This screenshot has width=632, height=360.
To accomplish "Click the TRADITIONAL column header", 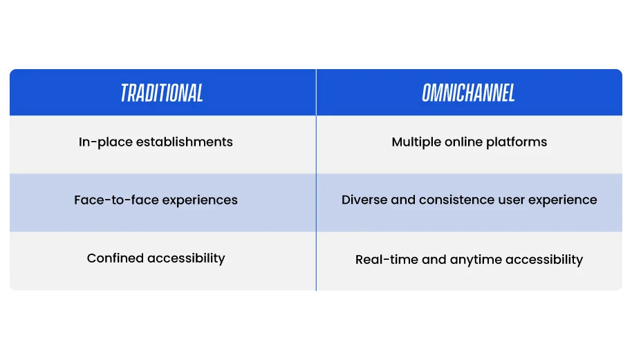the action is pyautogui.click(x=162, y=93).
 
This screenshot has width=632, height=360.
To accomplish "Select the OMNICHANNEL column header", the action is pyautogui.click(x=468, y=93).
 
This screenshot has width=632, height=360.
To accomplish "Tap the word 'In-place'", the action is pyautogui.click(x=106, y=142).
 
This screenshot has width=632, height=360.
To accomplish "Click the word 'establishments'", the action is pyautogui.click(x=184, y=142).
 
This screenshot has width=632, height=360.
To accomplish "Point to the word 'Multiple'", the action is pyautogui.click(x=416, y=142).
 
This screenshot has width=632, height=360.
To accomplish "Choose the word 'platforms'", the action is pyautogui.click(x=517, y=142).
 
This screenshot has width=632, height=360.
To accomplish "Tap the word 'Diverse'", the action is pyautogui.click(x=364, y=200).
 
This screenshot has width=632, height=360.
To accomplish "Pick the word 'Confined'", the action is pyautogui.click(x=115, y=258).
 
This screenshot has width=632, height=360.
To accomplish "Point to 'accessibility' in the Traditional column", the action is pyautogui.click(x=186, y=258).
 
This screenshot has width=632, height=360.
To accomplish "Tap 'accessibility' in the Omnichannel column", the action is pyautogui.click(x=544, y=260).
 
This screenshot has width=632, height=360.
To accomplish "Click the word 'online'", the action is pyautogui.click(x=463, y=142).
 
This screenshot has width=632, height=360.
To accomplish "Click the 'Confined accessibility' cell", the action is pyautogui.click(x=162, y=261).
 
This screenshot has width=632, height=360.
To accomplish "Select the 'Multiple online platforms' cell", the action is pyautogui.click(x=470, y=144).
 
